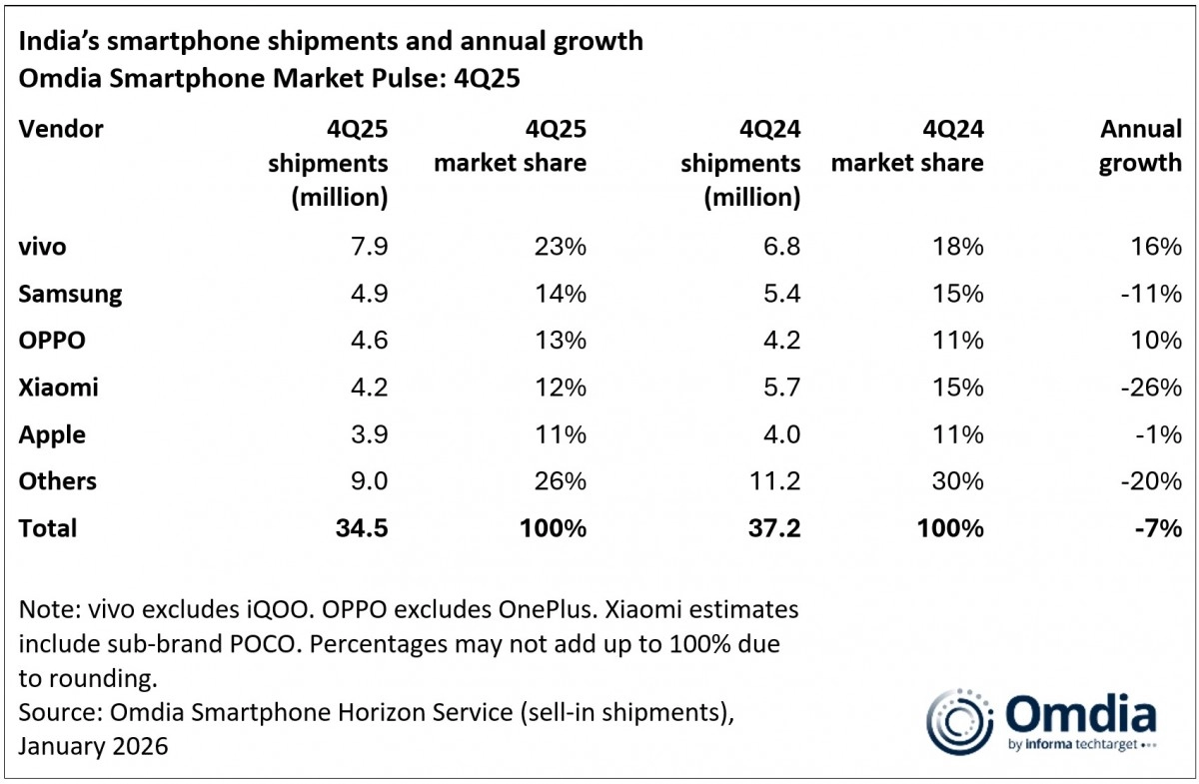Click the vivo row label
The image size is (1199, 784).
tap(42, 247)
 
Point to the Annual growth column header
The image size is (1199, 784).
tap(1140, 146)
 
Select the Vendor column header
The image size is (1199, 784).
tap(60, 129)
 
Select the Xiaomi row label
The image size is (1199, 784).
tap(58, 388)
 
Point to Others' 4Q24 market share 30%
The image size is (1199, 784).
tap(958, 481)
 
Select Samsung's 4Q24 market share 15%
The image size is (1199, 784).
tap(958, 294)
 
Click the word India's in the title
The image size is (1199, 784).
tap(58, 44)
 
